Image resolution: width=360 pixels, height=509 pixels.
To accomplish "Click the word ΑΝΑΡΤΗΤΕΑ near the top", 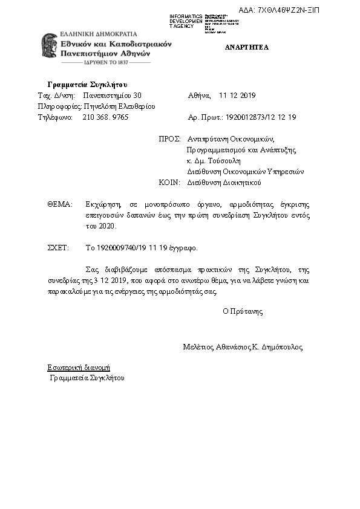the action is pyautogui.click(x=247, y=47).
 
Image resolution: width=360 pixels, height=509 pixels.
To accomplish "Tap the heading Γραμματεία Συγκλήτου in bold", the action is pyautogui.click(x=87, y=84).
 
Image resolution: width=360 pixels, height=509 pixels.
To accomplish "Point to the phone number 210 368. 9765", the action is pyautogui.click(x=105, y=117).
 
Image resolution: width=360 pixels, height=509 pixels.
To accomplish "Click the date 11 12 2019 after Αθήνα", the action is pyautogui.click(x=238, y=96).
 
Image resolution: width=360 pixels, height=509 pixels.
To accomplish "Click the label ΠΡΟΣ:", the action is pyautogui.click(x=169, y=138).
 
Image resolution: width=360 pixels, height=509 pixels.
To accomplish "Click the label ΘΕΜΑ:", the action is pyautogui.click(x=59, y=204).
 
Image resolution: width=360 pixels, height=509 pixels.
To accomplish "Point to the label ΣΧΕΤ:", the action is pyautogui.click(x=59, y=248).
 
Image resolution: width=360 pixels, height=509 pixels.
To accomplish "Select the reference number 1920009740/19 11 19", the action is pyautogui.click(x=129, y=248).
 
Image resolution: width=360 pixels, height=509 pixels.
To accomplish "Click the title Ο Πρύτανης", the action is pyautogui.click(x=243, y=312).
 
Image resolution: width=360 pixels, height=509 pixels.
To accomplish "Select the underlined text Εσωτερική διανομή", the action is pyautogui.click(x=79, y=368).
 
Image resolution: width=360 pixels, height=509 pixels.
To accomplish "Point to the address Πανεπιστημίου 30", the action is pyautogui.click(x=112, y=96).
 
